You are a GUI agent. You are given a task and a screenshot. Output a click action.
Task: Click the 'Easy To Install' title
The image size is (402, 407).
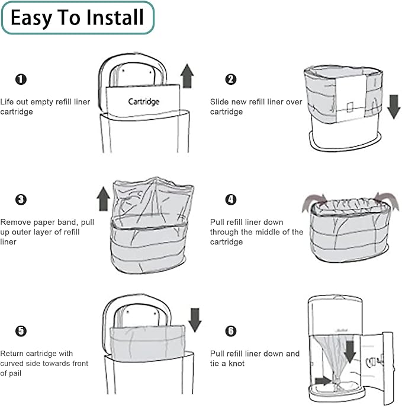point(77,18)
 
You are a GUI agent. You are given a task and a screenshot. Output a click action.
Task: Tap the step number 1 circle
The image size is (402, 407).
point(21,80)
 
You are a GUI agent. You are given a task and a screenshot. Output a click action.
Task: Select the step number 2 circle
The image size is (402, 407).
point(231,80)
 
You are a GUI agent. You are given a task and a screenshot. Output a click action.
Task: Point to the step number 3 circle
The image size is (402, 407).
point(21,199)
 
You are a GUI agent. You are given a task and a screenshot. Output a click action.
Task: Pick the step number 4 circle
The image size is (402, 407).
point(231,199)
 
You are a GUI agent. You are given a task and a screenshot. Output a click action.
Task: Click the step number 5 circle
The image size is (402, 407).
point(21,330)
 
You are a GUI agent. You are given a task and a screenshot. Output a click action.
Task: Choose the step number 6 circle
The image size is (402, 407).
point(231,330)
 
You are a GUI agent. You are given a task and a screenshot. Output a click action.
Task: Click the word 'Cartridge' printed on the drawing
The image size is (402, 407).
point(144,101)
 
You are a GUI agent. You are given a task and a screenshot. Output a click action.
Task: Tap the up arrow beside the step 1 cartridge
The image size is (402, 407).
point(187,76)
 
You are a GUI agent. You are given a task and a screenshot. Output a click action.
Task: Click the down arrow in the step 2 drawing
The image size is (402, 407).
point(393,105)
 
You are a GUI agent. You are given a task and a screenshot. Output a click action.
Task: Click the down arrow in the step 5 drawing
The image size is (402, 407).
point(194,319)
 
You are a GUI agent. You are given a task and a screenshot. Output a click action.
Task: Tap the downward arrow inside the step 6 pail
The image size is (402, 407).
point(350,350)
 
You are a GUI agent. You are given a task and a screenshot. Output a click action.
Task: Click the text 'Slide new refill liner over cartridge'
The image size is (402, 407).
point(256,107)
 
